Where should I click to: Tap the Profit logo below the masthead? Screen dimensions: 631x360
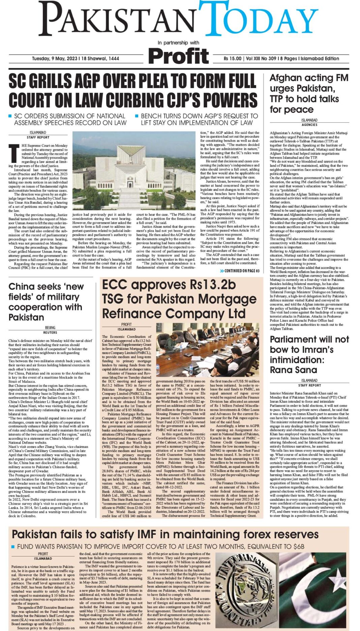point(178,56)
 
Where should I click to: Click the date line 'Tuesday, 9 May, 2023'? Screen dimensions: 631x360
point(55,59)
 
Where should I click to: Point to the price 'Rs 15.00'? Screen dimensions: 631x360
point(233,59)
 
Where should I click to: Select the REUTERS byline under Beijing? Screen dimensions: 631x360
point(50,333)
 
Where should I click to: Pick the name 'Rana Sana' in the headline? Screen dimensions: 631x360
point(294,370)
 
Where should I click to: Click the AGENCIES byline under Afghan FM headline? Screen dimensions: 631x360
point(309,125)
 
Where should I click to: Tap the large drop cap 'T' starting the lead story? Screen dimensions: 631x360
point(14,152)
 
